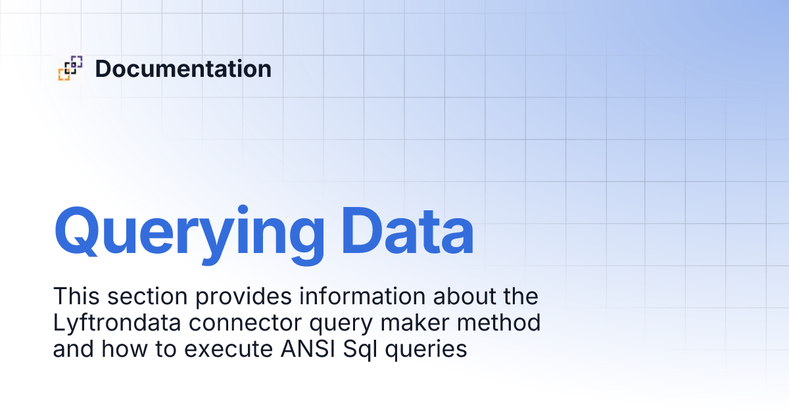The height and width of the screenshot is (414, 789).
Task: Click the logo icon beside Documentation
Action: pyautogui.click(x=70, y=68)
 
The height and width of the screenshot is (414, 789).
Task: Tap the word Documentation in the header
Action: pyautogui.click(x=183, y=68)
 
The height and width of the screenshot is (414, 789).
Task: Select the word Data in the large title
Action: pyautogui.click(x=408, y=231)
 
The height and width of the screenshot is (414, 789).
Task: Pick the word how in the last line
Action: pyautogui.click(x=121, y=349)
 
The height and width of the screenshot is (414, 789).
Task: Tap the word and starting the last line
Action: pyautogui.click(x=74, y=349)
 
